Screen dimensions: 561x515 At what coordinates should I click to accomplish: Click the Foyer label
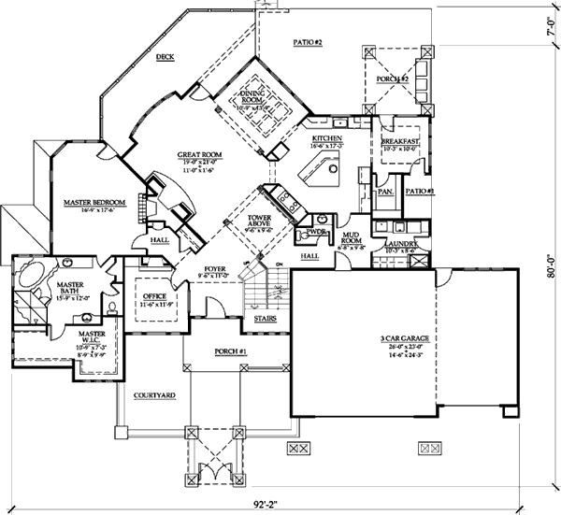tap(216, 270)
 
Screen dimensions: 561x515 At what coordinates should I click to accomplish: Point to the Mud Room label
tap(352, 238)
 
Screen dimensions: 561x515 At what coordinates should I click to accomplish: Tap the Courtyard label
tap(155, 396)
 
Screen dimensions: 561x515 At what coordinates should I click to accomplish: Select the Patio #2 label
tap(308, 42)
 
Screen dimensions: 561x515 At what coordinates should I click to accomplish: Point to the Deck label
tap(165, 58)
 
